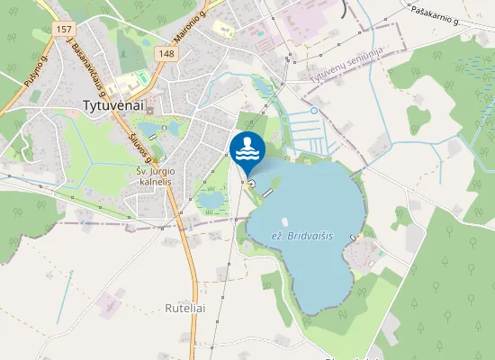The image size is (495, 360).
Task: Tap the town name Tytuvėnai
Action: tap(114, 104)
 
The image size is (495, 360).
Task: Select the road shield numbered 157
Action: tap(63, 29)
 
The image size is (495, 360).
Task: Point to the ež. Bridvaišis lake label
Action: tap(301, 235)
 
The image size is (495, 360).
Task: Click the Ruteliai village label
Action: tap(185, 307)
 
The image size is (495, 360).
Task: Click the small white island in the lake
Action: tap(284, 220)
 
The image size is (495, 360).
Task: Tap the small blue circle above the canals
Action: tap(313, 111)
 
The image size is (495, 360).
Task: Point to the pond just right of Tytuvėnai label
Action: tap(171, 128)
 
